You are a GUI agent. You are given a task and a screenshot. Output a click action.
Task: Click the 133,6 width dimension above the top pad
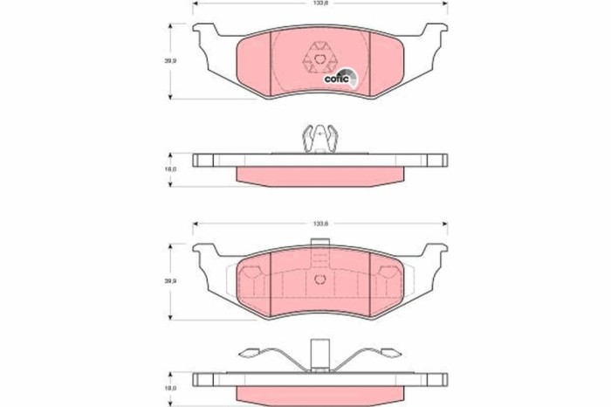[321, 4]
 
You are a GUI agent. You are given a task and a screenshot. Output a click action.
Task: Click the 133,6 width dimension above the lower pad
[321, 224]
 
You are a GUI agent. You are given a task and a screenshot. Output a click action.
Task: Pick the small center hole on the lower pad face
[320, 279]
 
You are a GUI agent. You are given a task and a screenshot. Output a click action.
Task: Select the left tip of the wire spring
[247, 354]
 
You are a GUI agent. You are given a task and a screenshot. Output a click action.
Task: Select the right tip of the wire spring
[394, 354]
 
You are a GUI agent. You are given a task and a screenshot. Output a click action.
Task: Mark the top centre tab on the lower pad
[320, 257]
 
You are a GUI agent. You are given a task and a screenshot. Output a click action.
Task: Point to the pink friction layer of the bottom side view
[320, 396]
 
